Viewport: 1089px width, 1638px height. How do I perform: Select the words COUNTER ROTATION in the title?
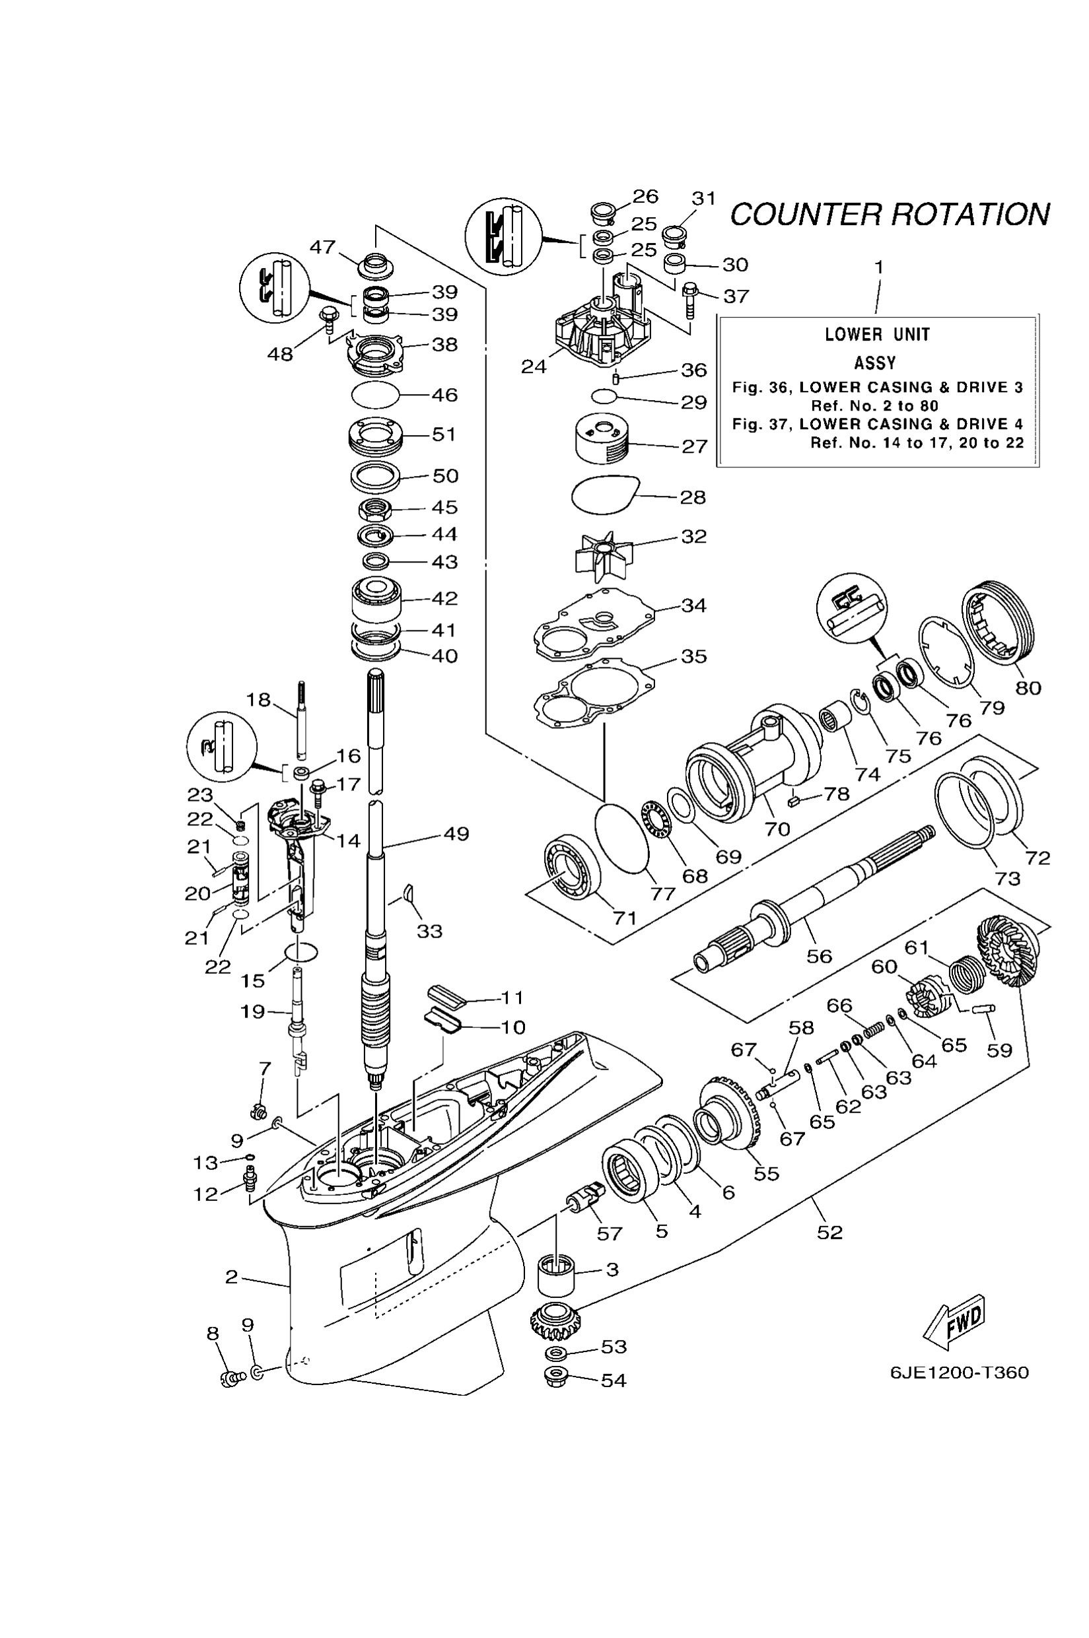[890, 215]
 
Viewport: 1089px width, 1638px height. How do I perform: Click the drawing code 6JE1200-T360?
[959, 1373]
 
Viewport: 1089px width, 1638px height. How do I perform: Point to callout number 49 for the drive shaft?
[456, 833]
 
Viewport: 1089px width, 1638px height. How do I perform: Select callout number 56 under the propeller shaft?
[819, 956]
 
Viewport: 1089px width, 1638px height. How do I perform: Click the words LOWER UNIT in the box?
[876, 335]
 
